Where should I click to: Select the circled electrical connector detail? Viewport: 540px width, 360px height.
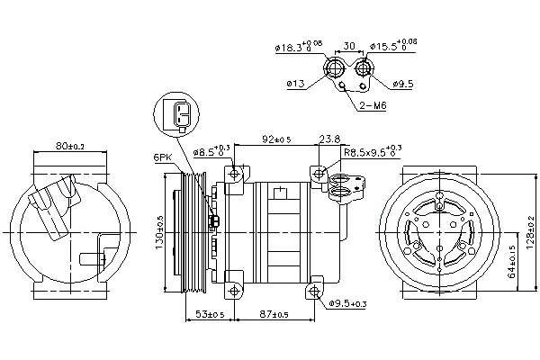tap(180, 114)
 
